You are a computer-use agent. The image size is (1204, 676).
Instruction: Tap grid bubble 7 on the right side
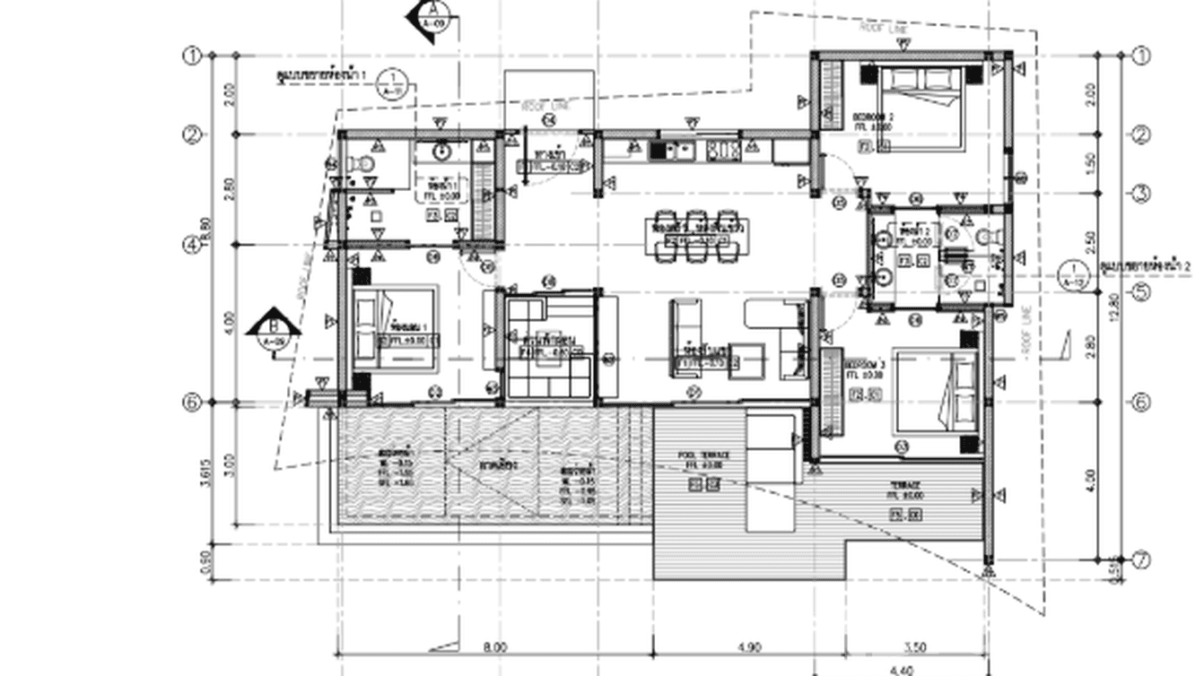point(1141,561)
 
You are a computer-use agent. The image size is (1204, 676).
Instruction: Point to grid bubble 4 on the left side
point(192,244)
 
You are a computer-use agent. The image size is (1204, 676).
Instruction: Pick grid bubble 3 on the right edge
point(1141,194)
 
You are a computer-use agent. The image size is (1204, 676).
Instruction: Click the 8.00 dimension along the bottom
point(493,646)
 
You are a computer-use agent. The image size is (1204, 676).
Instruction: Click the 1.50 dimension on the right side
point(1091,163)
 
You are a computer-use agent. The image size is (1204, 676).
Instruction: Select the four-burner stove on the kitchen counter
point(722,150)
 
